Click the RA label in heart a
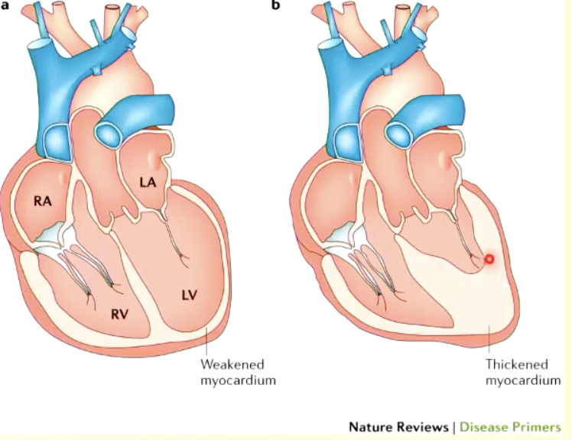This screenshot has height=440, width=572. pos(42,202)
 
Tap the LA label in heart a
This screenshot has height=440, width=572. pos(148,182)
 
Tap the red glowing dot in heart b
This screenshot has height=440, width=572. pos(490,259)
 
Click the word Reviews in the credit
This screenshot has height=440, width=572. pos(421,426)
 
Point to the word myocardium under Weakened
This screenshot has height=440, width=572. pos(237,380)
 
